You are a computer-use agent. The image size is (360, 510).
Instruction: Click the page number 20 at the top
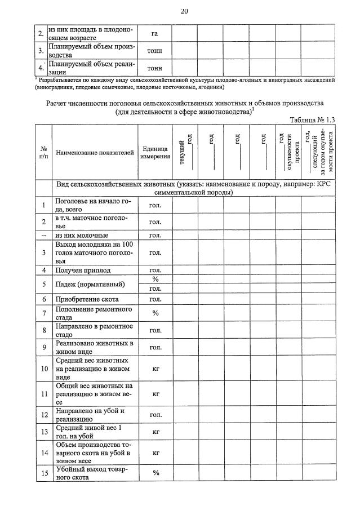pos(184,11)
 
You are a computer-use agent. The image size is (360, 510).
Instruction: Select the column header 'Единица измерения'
pos(154,152)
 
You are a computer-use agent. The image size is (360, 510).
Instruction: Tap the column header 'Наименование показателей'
pos(94,152)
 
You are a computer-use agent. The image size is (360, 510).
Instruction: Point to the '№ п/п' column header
pos(43,152)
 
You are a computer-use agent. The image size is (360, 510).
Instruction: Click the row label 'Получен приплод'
pos(83,270)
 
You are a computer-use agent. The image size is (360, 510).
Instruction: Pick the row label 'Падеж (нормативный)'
pos(90,284)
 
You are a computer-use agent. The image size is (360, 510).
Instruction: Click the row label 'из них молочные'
pos(81,235)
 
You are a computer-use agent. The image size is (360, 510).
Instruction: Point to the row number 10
pos(43,369)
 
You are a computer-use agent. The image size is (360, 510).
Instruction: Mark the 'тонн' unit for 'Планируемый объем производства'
pos(154,51)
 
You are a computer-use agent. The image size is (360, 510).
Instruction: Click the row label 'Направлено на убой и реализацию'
pos(90,415)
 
